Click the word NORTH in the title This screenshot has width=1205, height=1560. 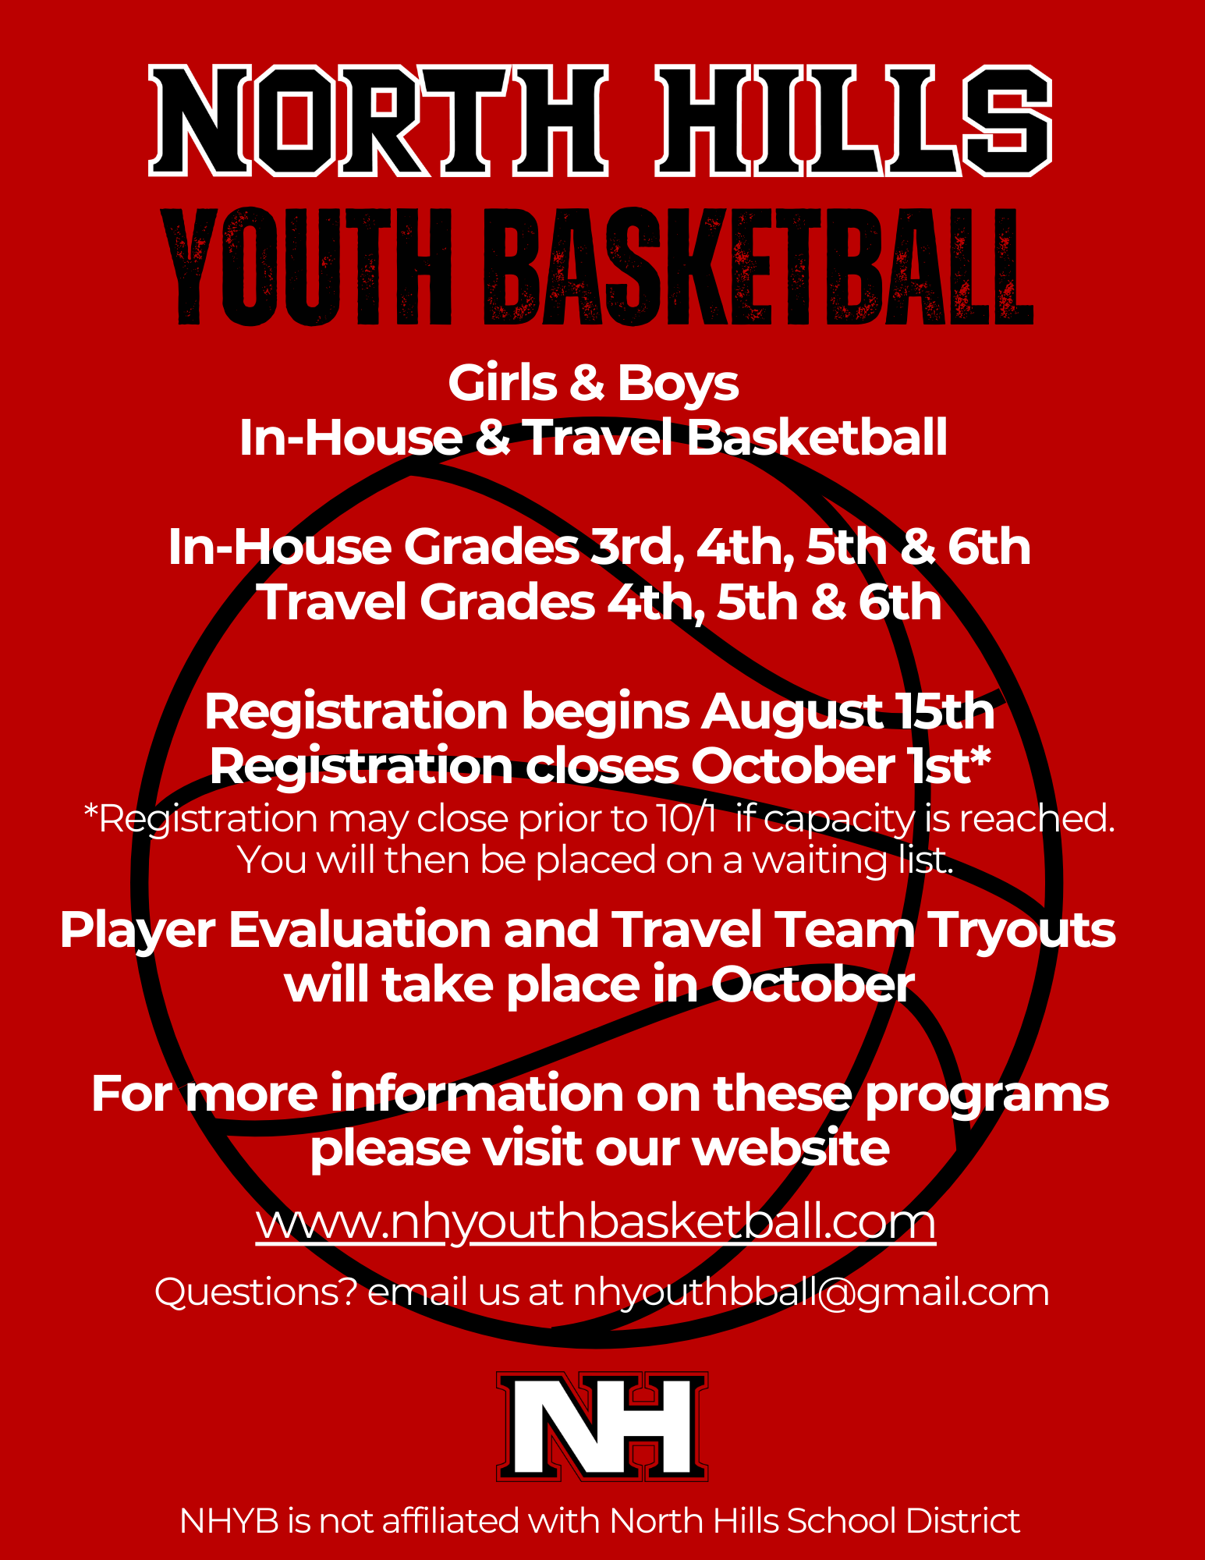coord(378,121)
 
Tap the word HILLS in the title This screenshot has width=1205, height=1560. coord(854,121)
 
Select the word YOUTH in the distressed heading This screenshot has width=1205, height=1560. coord(308,268)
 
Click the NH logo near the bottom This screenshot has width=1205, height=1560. coord(602,1426)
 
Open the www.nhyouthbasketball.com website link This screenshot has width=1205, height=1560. coord(596,1221)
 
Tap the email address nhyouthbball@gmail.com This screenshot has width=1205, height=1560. coord(811,1292)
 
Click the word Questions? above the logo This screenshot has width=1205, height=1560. coord(255,1292)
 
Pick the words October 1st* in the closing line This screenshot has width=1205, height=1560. coord(841,766)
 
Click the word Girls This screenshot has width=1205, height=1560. coord(503,384)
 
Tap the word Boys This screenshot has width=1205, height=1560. coord(678,384)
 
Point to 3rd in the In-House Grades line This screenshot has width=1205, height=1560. coord(632,547)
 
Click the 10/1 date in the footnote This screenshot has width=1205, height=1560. coord(686,819)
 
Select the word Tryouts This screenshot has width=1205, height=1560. coord(1022,931)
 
